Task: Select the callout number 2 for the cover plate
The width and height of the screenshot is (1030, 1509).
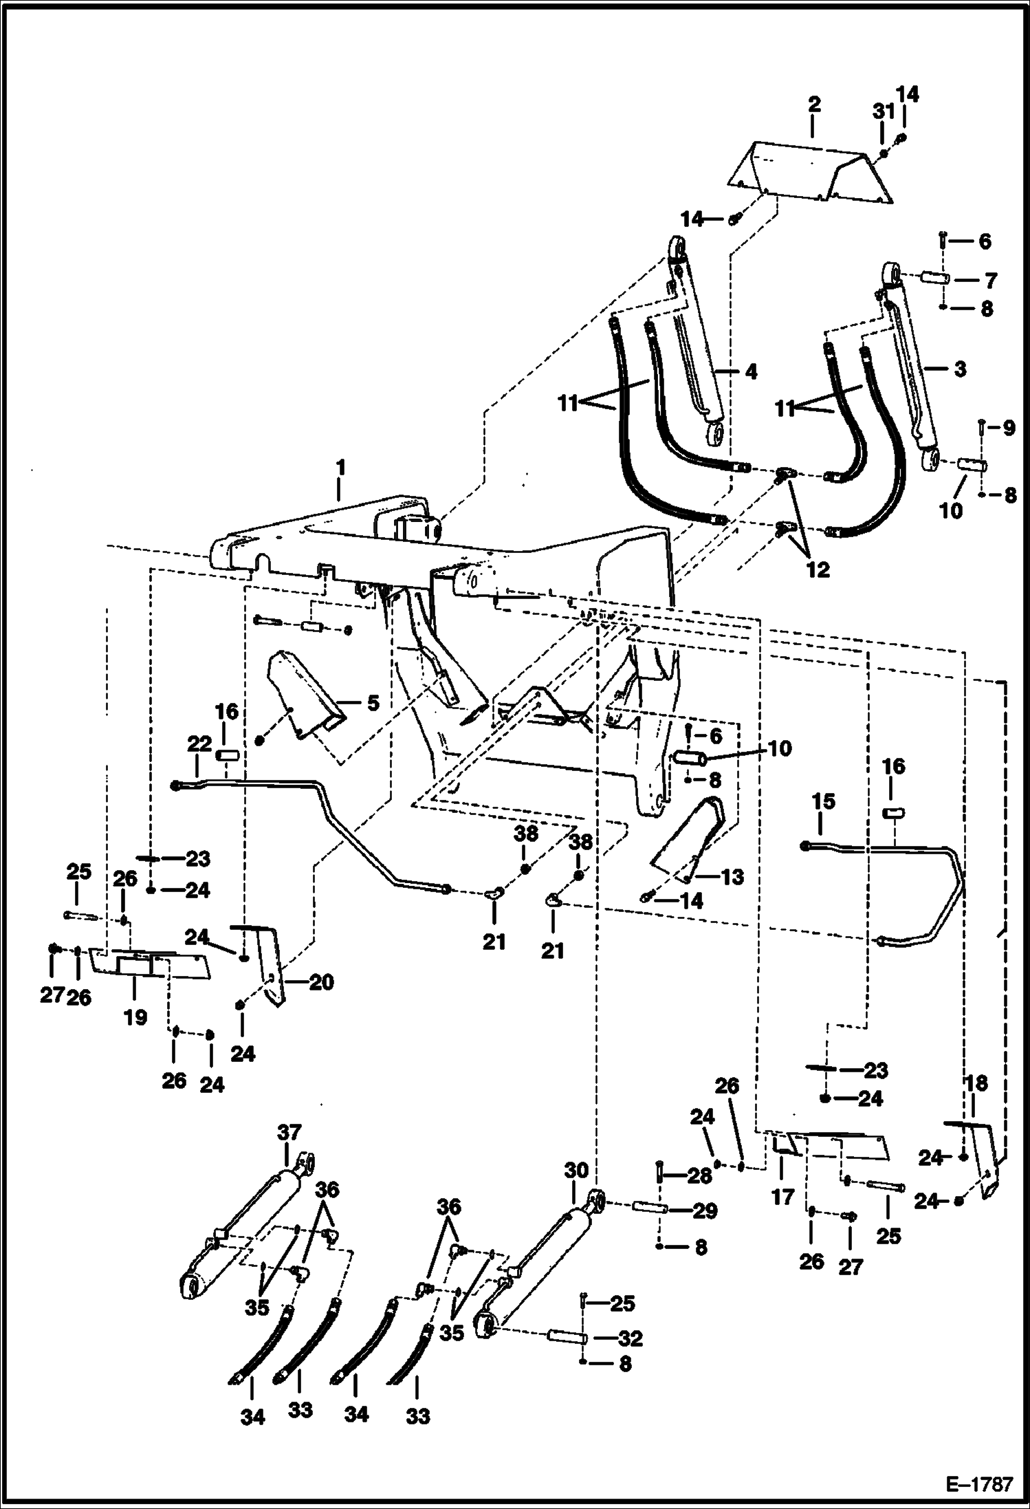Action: (814, 105)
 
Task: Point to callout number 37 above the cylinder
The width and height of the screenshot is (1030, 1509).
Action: (289, 1131)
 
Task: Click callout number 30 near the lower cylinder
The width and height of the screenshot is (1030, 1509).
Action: (577, 1170)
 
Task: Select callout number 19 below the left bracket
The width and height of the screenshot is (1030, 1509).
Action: (135, 1017)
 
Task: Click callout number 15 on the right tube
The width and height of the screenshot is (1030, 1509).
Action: (823, 801)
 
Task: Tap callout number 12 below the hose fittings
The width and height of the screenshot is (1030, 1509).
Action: (818, 569)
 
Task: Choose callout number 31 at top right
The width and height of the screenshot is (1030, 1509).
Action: (884, 111)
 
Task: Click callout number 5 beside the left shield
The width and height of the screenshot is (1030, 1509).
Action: (372, 703)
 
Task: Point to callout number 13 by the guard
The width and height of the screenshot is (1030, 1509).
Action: (733, 876)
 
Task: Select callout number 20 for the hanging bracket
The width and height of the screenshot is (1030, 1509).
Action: (321, 981)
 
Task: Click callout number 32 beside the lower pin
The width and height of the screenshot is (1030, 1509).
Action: (631, 1338)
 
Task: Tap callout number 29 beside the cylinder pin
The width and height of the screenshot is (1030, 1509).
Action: (705, 1211)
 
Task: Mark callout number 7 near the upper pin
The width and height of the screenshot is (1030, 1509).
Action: (991, 281)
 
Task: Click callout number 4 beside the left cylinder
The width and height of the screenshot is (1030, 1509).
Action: (751, 371)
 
